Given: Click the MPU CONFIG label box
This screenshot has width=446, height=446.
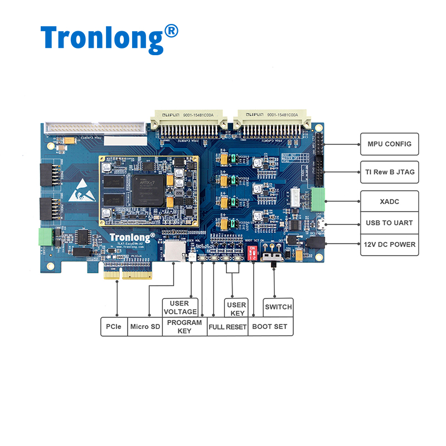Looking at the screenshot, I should point(389,144).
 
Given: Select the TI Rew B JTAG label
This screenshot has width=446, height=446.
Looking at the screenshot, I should point(389,172).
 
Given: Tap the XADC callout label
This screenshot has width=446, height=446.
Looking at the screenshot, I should point(389,201).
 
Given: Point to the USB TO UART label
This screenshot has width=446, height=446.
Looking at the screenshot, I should point(389,223).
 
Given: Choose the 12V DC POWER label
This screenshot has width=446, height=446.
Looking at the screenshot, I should point(389,245).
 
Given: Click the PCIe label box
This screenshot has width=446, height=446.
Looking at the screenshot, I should point(113,327).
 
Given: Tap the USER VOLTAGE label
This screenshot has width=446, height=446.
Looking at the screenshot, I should point(180,308).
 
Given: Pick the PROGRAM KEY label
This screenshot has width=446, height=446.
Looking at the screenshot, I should point(184,327).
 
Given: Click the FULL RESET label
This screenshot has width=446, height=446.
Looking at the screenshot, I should point(227,327).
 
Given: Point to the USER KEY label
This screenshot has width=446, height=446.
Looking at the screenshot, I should point(236,308).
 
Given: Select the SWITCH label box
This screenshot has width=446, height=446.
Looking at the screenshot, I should point(278,307).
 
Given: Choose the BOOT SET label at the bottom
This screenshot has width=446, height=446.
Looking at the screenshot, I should point(270,327).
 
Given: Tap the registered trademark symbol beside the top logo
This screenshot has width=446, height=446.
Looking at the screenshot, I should point(172,31).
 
